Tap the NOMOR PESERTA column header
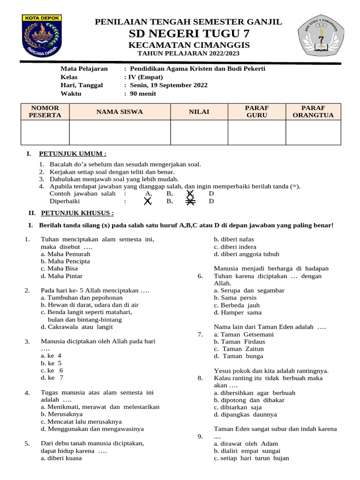tap(45, 112)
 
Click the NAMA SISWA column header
tap(120, 112)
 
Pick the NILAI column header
tap(199, 112)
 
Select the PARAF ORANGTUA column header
tap(313, 112)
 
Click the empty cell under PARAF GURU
tap(256, 132)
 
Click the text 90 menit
tap(143, 94)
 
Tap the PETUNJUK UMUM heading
tap(73, 153)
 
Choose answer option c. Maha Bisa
tap(59, 269)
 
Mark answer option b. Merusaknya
tap(61, 414)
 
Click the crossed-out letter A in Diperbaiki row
tap(148, 201)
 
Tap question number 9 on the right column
tap(200, 436)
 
